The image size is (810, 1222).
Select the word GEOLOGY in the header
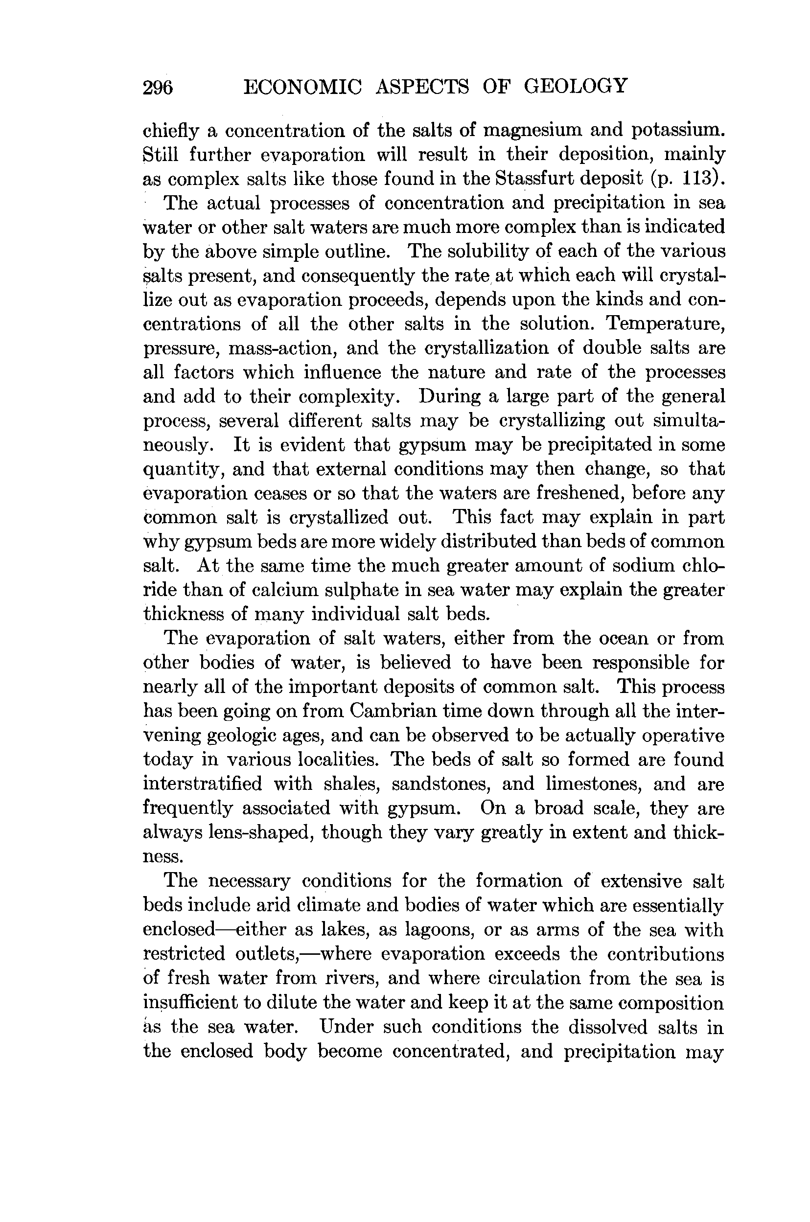(x=576, y=86)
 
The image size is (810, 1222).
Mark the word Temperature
(x=665, y=324)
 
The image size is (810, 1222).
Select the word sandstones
(x=441, y=784)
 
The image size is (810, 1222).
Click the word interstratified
(x=202, y=784)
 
